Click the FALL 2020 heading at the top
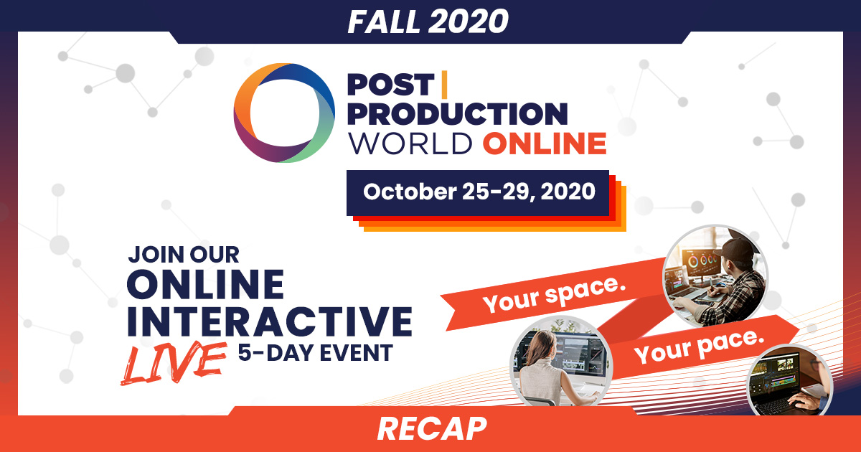(428, 22)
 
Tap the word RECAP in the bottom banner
(432, 429)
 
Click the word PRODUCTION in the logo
(458, 114)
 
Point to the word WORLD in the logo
(410, 143)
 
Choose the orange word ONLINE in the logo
(545, 143)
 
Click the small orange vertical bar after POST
(444, 84)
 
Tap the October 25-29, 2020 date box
(478, 193)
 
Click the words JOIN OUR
(184, 255)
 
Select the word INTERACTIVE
(270, 321)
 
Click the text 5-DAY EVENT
(316, 353)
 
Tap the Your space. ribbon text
(554, 294)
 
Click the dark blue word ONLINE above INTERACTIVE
(206, 284)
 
